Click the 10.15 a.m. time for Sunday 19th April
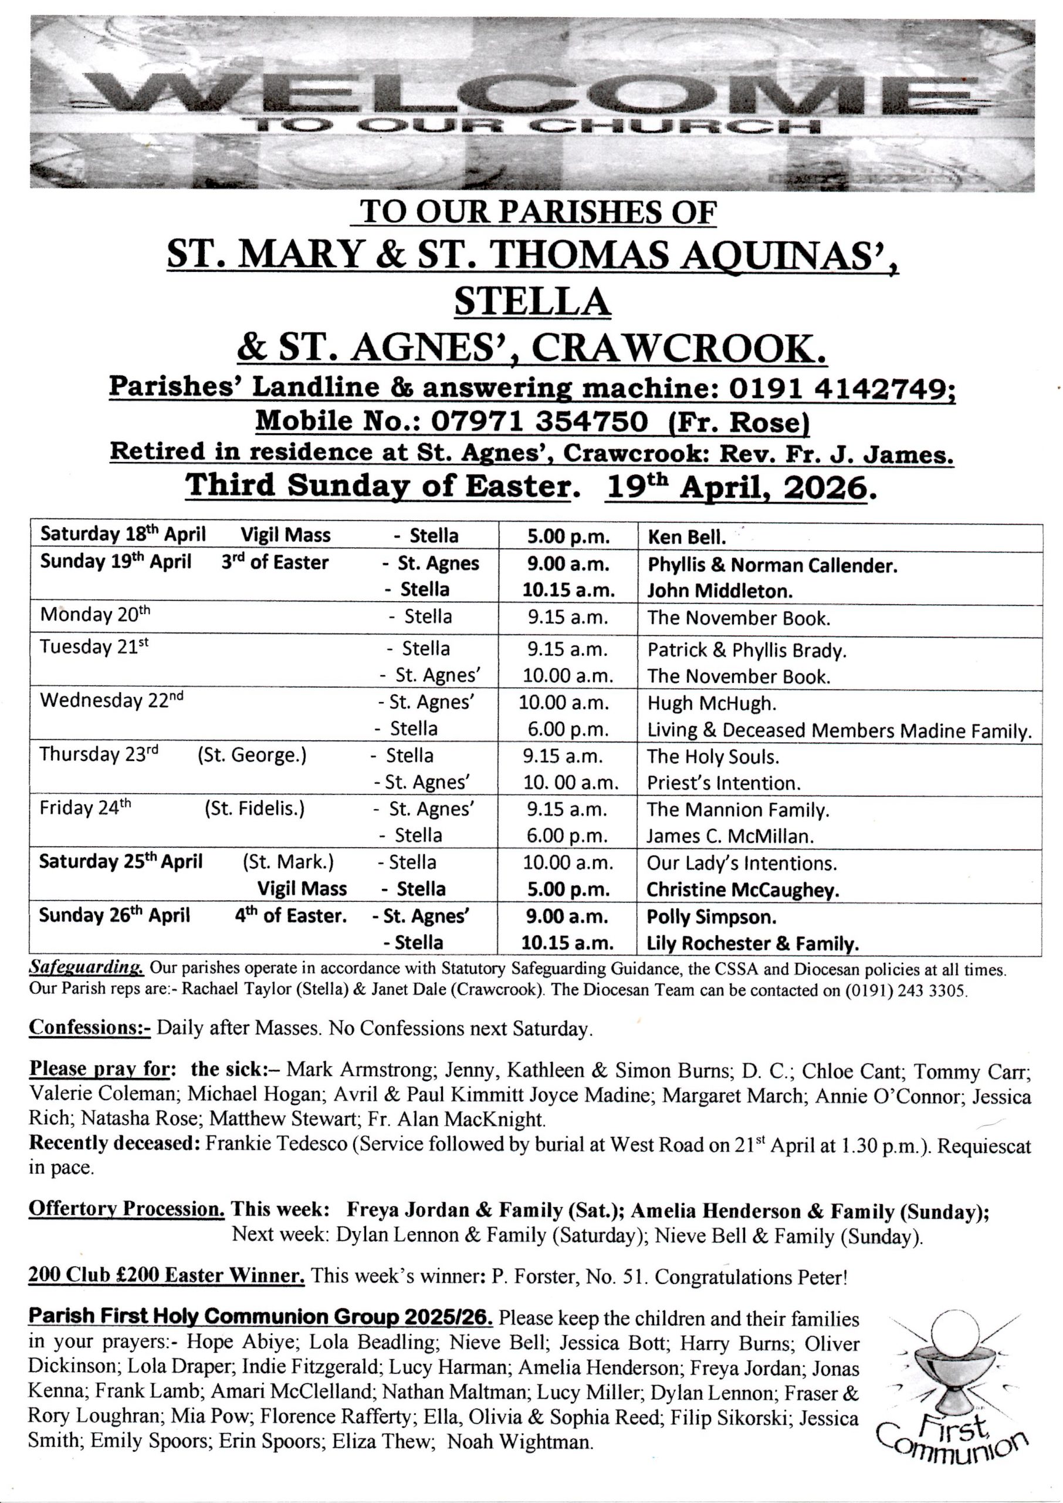pyautogui.click(x=568, y=590)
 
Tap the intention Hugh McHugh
pyautogui.click(x=712, y=703)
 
